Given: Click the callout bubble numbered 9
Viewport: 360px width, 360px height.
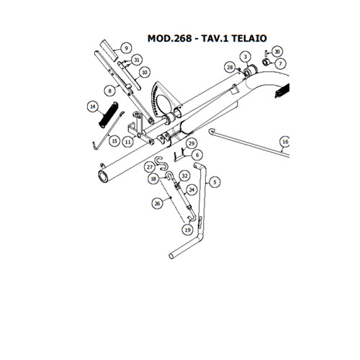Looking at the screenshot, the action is (127, 48).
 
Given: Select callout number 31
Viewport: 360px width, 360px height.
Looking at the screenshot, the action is (137, 60).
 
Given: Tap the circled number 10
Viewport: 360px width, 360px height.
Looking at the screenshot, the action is (145, 72).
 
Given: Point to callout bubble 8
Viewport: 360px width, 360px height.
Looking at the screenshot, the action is (110, 91).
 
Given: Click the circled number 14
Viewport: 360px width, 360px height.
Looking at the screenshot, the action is (93, 107).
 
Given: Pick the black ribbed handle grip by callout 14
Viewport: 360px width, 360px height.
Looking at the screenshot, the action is (108, 115).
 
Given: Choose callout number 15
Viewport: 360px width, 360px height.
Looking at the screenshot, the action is (114, 141).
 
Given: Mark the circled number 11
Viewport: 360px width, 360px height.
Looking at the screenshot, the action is (128, 142).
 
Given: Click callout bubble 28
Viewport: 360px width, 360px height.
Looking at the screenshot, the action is (230, 68).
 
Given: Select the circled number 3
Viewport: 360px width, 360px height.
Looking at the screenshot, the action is (246, 57).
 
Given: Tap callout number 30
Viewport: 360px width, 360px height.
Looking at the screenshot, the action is (277, 52).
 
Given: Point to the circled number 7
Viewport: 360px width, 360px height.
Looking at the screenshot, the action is (280, 64).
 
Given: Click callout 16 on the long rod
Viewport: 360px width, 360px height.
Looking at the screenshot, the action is (285, 142).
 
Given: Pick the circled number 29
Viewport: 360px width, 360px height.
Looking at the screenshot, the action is (192, 144).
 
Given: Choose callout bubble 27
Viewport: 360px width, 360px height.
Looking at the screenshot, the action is (150, 167).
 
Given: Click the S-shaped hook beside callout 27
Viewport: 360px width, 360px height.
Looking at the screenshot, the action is (161, 164).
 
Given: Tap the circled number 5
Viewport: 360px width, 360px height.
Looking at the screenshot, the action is (215, 182).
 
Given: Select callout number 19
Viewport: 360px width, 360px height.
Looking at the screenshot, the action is (187, 230).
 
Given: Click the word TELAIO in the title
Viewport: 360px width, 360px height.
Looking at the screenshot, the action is (249, 38).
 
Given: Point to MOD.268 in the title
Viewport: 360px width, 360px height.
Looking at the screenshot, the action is (169, 38).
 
